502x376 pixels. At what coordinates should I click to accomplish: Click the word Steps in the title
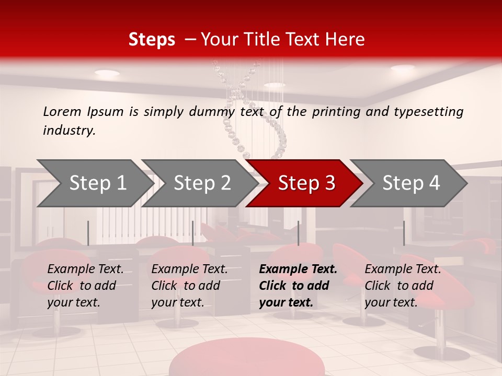click(152, 40)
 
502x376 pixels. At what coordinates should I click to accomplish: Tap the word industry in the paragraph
click(69, 130)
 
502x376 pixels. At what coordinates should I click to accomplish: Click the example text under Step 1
click(85, 286)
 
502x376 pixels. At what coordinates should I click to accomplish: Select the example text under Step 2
click(189, 286)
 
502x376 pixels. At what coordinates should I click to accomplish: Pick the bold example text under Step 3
click(298, 286)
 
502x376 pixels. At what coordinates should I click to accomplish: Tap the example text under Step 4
click(403, 286)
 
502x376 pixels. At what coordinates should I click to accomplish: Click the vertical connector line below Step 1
click(88, 233)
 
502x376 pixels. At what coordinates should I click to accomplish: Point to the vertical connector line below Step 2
click(192, 233)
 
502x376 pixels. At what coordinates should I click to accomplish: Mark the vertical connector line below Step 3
click(298, 233)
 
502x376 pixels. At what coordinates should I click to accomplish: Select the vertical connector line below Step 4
click(404, 233)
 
